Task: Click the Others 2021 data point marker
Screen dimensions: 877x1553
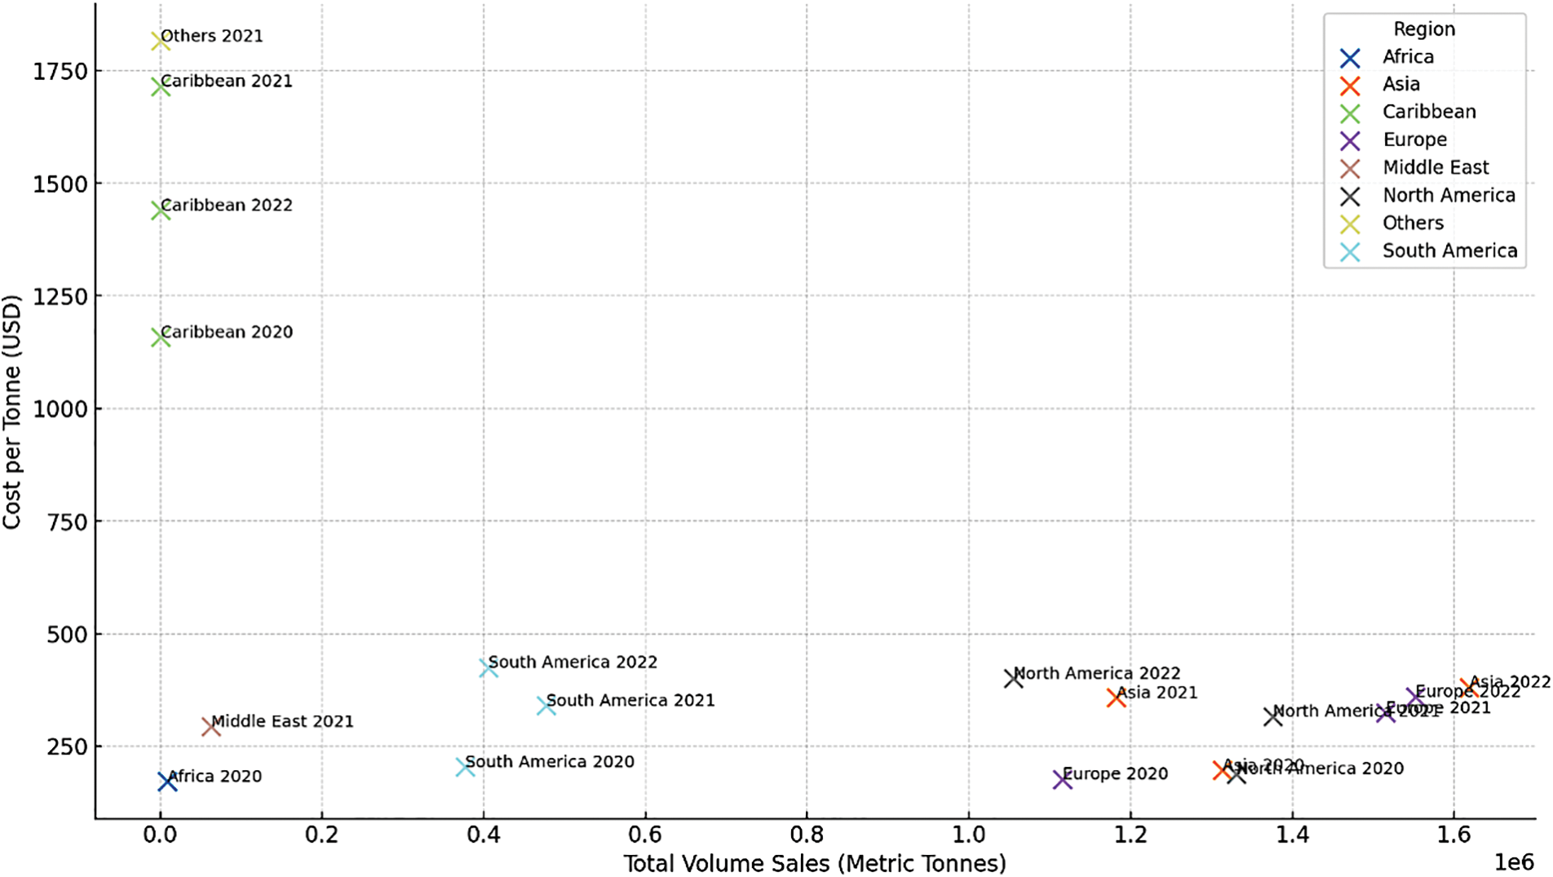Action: coord(161,41)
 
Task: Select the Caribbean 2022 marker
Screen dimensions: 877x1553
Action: coord(161,210)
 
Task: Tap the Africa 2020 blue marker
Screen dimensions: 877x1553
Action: coord(167,782)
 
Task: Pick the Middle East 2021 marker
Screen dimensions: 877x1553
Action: coord(211,726)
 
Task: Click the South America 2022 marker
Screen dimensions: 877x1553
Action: coord(489,667)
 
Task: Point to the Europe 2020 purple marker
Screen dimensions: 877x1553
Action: coord(1062,779)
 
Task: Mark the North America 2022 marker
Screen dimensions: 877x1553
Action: coord(1014,678)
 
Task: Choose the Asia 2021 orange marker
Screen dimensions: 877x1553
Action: coord(1117,698)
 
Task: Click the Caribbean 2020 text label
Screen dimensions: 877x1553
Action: coord(227,332)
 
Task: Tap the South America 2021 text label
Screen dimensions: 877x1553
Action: coord(630,700)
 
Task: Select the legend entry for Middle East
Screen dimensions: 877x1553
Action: coord(1435,167)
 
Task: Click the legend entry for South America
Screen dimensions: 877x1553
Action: coord(1449,250)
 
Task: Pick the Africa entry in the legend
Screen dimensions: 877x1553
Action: coord(1407,56)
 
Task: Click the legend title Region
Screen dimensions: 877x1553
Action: coord(1424,29)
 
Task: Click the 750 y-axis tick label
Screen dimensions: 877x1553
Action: coord(68,521)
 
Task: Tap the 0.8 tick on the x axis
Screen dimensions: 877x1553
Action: coord(807,835)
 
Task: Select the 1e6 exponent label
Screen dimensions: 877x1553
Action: coord(1513,862)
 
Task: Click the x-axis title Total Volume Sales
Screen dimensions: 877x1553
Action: coord(814,863)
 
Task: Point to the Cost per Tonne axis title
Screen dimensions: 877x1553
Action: coord(11,411)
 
